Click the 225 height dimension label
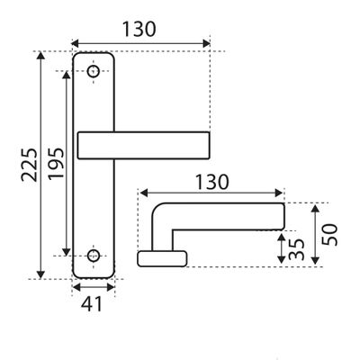[30, 165]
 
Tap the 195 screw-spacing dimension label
[57, 164]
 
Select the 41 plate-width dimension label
[92, 303]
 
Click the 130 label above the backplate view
[139, 29]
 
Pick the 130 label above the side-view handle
[211, 182]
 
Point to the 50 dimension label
[329, 235]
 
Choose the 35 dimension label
[296, 249]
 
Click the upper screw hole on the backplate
[94, 71]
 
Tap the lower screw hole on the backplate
[94, 256]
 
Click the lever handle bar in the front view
[143, 145]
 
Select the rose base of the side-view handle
[162, 258]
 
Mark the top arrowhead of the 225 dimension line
[40, 56]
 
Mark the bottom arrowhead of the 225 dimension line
[40, 274]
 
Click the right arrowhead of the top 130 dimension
[206, 43]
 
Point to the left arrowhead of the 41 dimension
[76, 287]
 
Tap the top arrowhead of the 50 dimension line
[315, 209]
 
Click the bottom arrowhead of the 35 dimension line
[282, 260]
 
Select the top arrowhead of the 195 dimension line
[67, 75]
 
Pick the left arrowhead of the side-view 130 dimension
[144, 193]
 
